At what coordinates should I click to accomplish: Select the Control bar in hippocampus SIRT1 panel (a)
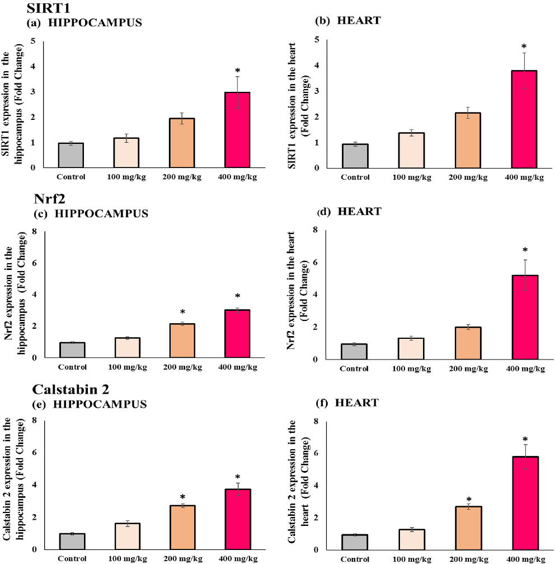click(x=71, y=155)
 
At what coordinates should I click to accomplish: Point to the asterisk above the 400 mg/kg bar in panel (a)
click(x=238, y=71)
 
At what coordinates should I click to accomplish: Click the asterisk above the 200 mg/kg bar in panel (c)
click(x=182, y=312)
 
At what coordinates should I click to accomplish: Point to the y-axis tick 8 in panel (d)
click(x=317, y=230)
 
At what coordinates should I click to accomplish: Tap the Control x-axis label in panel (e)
click(x=71, y=558)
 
